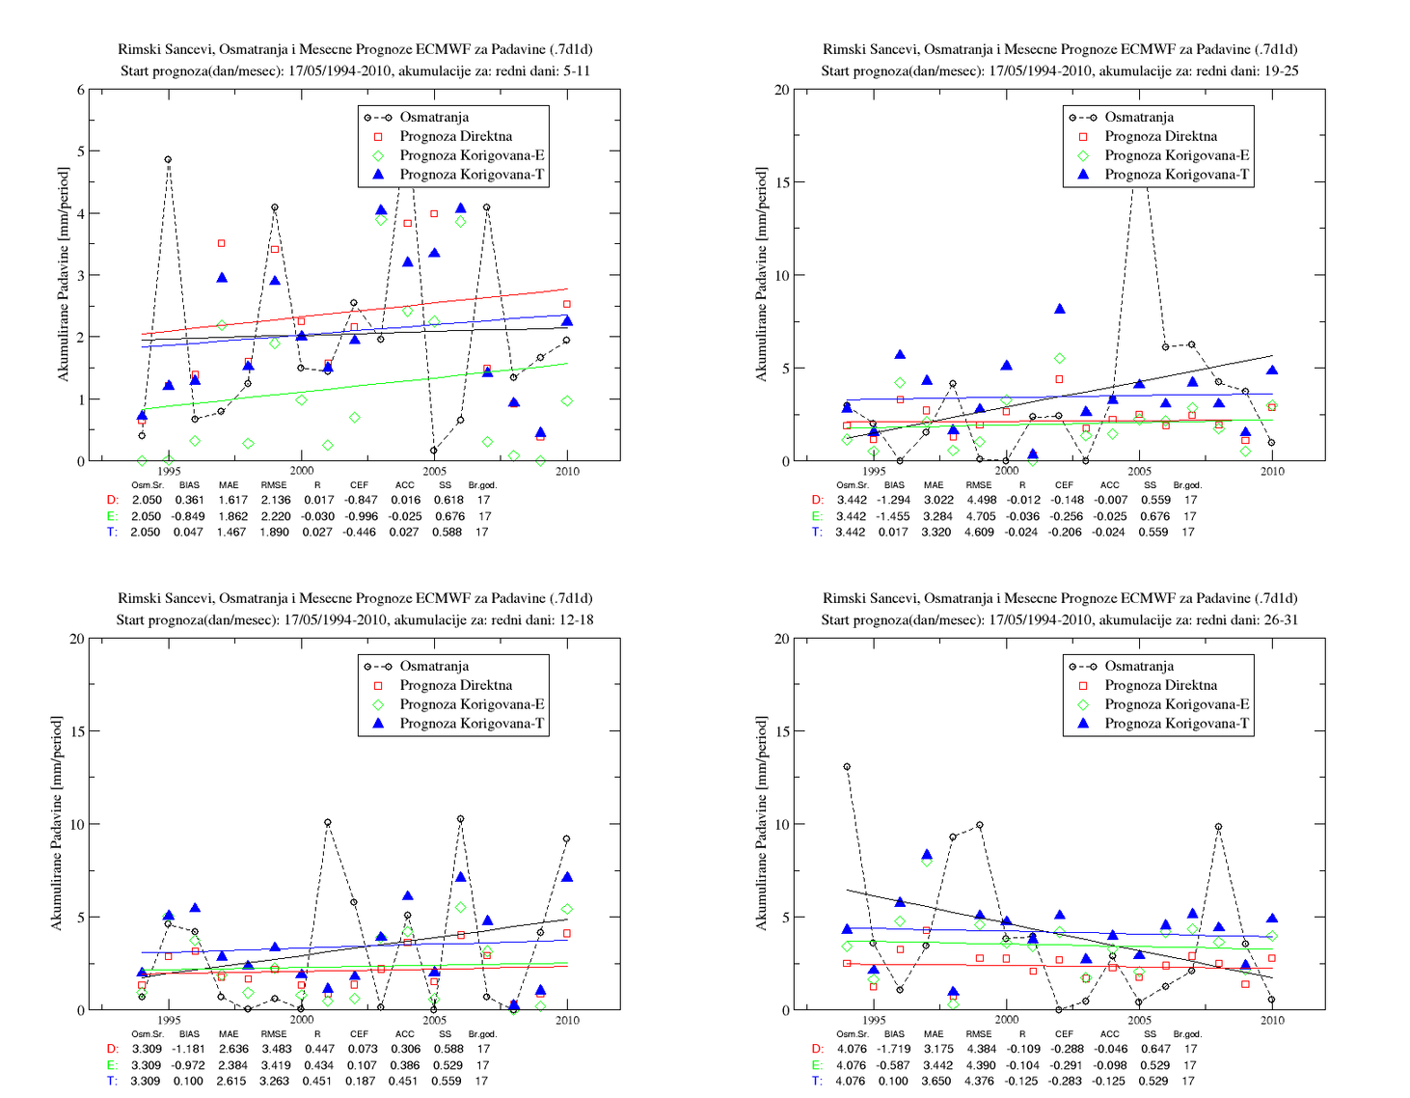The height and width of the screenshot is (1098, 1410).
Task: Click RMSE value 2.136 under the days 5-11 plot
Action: [275, 500]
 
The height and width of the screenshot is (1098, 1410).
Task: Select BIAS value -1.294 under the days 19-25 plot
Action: [894, 500]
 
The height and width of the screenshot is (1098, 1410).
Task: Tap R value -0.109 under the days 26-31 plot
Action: [1023, 1049]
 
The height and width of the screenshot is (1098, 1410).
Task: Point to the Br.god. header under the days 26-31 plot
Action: [1187, 1033]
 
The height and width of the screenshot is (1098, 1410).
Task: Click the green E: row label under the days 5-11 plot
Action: [113, 516]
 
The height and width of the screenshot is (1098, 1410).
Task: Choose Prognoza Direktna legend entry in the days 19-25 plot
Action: [1161, 136]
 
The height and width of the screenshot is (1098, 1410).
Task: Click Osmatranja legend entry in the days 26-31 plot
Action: [1139, 666]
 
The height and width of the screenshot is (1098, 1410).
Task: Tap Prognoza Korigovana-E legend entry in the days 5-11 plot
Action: [472, 155]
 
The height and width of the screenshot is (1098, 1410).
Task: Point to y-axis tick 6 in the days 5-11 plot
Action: [81, 90]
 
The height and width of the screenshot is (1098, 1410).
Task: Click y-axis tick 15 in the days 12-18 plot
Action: [77, 731]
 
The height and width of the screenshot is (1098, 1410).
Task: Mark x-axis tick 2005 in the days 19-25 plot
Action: [1139, 471]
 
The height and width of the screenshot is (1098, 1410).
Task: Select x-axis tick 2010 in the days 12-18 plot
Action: [567, 1020]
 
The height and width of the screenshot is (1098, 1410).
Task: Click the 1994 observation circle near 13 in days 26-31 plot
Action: [847, 767]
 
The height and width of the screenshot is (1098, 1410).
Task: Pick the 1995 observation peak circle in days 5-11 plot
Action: [168, 159]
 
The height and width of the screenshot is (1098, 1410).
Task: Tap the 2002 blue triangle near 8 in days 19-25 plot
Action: [1060, 309]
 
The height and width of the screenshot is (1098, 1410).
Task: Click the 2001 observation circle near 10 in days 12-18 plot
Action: [328, 823]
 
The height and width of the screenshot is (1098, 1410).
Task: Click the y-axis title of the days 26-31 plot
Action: [761, 823]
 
